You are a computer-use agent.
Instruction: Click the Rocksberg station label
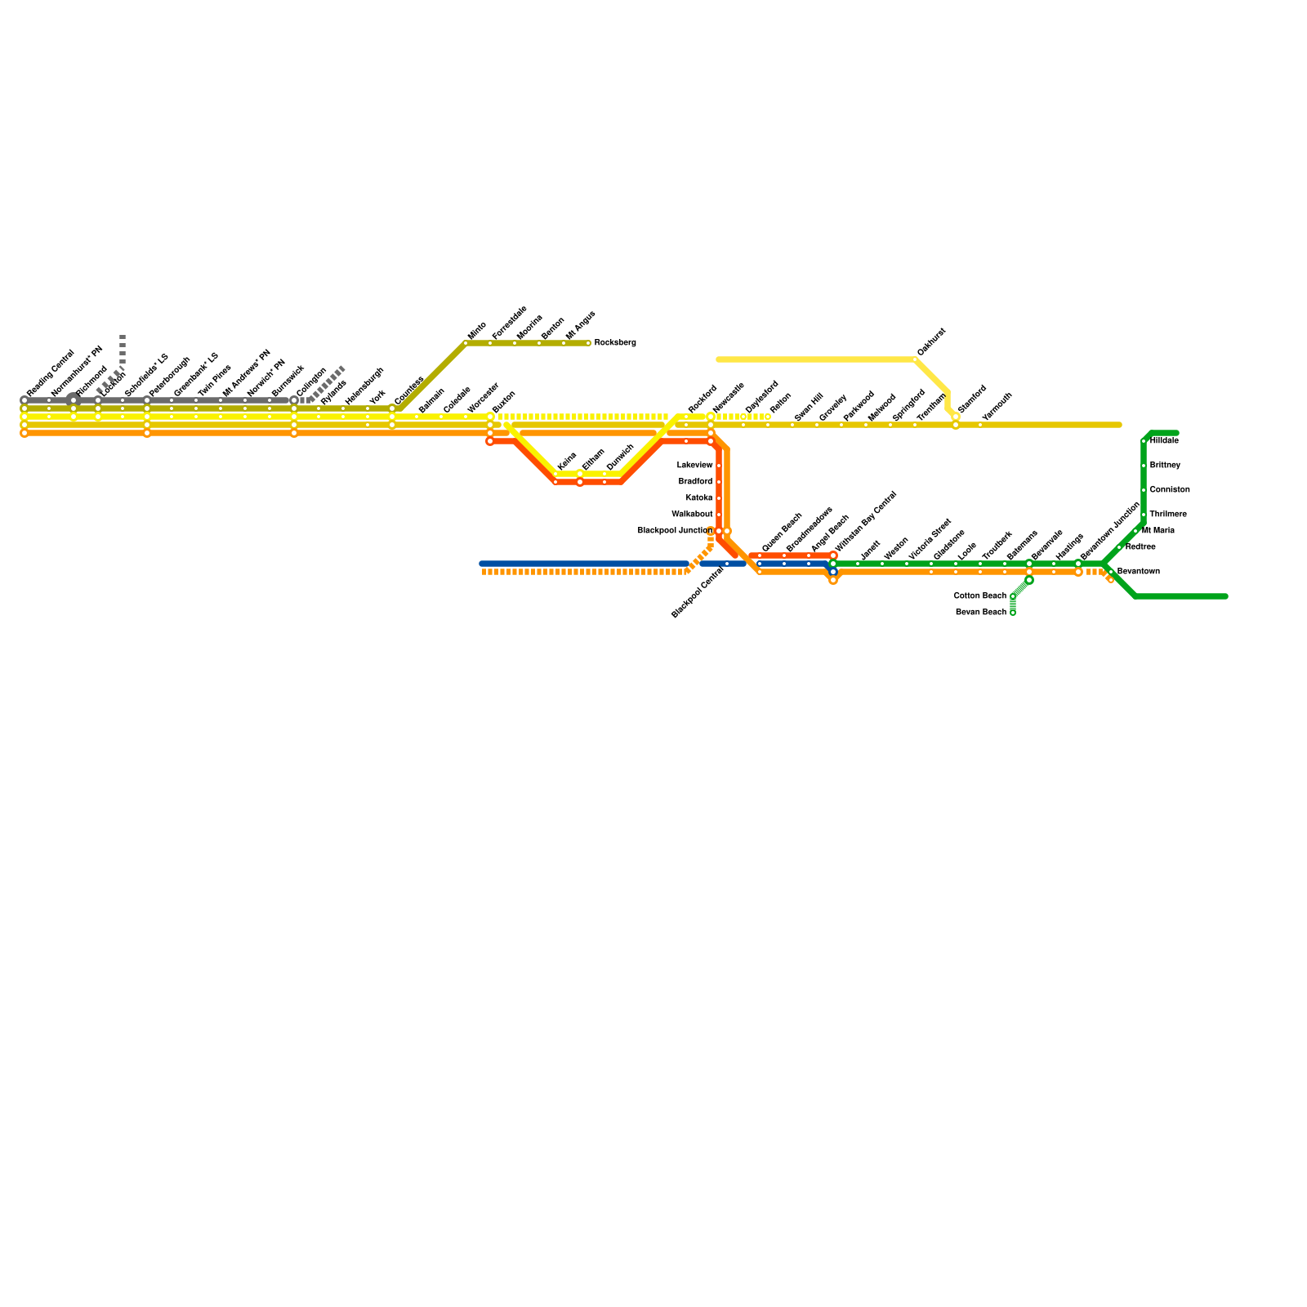point(614,343)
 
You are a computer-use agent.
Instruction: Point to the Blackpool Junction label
point(675,531)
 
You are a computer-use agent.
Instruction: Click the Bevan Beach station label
point(980,613)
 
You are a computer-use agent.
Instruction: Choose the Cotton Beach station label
point(979,596)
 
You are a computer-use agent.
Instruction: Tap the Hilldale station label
point(1164,441)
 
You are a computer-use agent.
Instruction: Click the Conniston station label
point(1169,490)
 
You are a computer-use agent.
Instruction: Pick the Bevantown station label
point(1138,572)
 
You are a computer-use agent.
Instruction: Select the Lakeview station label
point(694,466)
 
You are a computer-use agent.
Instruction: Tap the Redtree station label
point(1140,547)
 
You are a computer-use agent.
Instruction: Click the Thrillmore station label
point(1167,515)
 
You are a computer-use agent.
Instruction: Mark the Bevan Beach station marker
point(1013,613)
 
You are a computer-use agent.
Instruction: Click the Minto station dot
point(466,343)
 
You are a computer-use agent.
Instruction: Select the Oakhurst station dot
point(915,359)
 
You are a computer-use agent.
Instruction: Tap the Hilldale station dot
point(1144,441)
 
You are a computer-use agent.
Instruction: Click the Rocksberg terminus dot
point(588,343)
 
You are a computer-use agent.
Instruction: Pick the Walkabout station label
point(692,515)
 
